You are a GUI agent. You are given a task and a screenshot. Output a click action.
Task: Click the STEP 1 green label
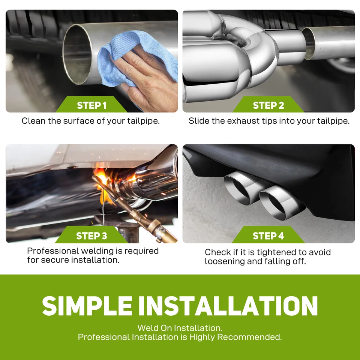91,105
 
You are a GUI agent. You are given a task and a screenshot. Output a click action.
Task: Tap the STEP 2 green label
268,105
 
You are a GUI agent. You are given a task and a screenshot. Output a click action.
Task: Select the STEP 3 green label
91,236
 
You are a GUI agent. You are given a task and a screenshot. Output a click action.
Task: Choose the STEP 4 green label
268,236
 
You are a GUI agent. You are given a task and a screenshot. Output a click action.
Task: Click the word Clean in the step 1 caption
31,121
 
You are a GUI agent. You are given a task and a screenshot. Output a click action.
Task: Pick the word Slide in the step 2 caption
198,121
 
